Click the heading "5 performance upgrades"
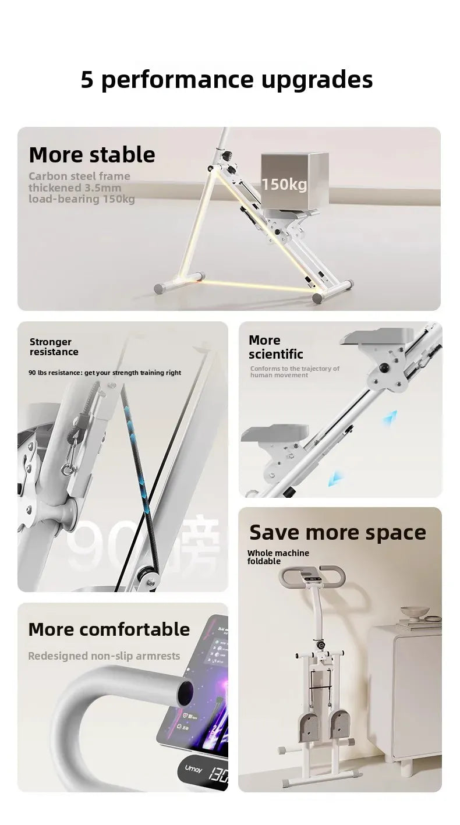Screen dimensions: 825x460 (227, 79)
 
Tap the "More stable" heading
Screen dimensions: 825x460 (92, 155)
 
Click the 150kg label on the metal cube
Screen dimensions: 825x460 (284, 185)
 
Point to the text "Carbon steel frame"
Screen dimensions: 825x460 (79, 176)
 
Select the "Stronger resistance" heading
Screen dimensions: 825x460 (54, 346)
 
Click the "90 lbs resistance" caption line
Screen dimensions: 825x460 (105, 373)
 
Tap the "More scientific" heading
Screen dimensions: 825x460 (275, 347)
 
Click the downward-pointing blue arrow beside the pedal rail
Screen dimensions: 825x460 (335, 479)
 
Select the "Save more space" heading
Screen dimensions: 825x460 (338, 532)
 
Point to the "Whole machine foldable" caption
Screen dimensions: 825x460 (278, 557)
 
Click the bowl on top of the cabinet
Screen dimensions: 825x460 (415, 612)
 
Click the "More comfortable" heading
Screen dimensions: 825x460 (109, 629)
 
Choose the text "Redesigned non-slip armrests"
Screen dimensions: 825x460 (104, 656)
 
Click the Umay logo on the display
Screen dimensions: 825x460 (193, 769)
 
